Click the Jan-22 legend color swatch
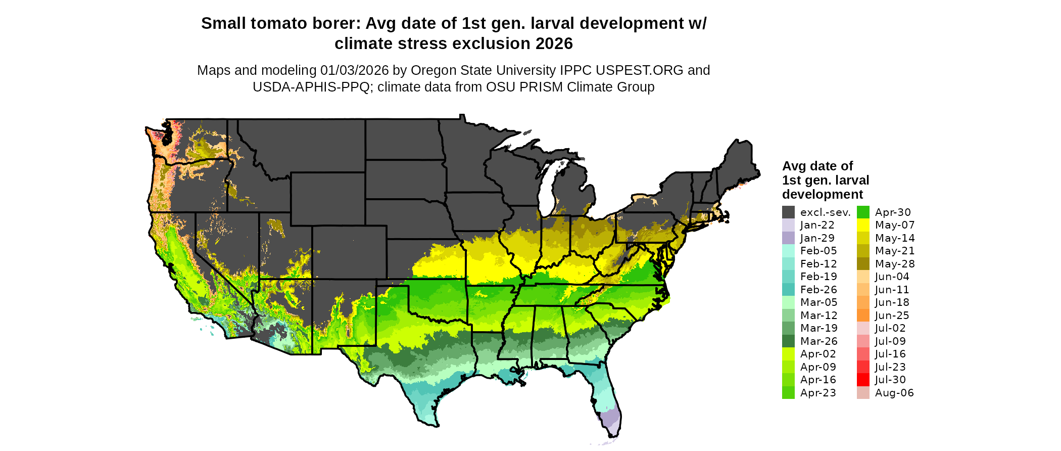[788, 225]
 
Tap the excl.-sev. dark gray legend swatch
[788, 212]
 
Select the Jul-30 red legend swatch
[863, 380]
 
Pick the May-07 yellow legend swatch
[863, 225]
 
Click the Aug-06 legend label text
[894, 393]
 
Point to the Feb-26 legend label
[818, 290]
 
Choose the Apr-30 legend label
[893, 212]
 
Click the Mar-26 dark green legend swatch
[788, 341]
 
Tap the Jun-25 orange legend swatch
[863, 315]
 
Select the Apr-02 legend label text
[818, 354]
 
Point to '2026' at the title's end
[554, 44]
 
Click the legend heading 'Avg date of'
[817, 166]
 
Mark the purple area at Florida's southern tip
[610, 419]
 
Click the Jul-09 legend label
[890, 341]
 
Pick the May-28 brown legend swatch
[863, 264]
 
